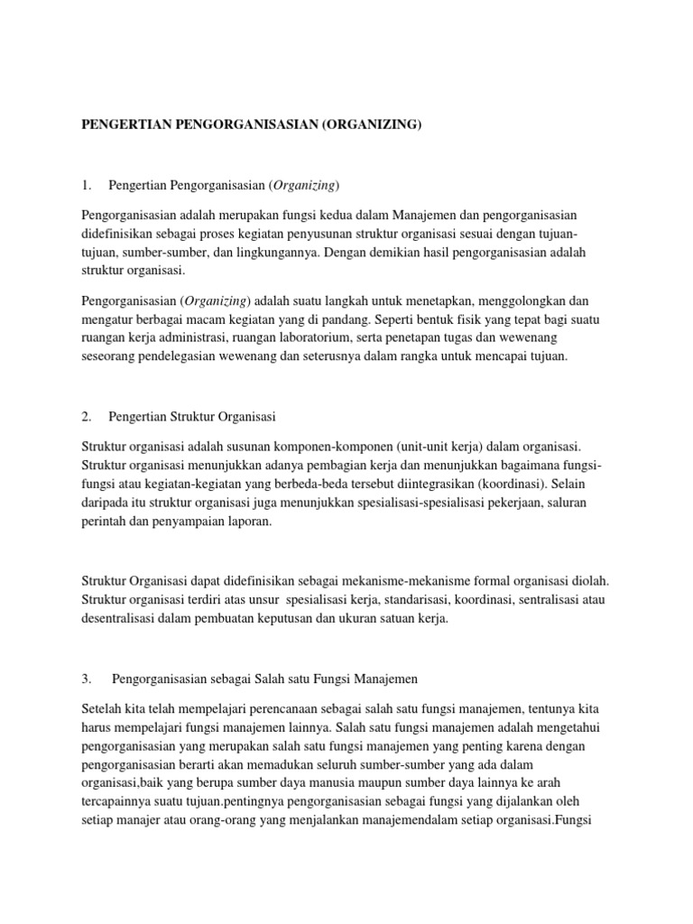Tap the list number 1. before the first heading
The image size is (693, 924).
click(x=87, y=186)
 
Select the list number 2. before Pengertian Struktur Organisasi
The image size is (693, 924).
click(x=87, y=417)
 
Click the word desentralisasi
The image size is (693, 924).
click(x=122, y=618)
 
